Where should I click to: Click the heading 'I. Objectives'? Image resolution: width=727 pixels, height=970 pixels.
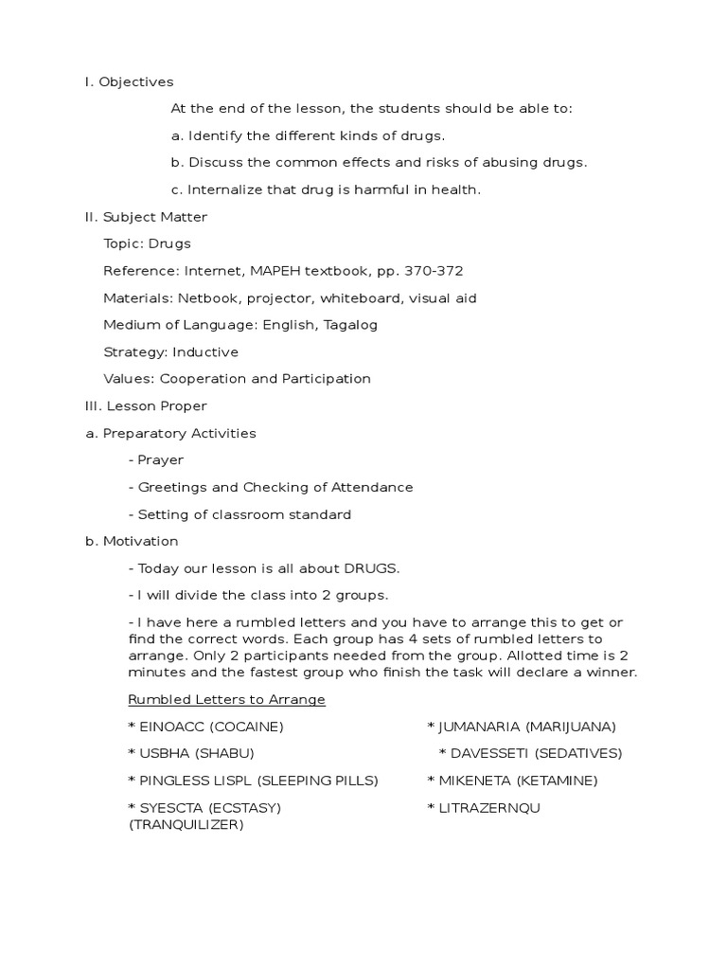[129, 82]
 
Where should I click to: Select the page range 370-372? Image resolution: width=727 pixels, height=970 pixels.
[434, 271]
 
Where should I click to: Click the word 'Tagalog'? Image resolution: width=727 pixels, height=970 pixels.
[350, 325]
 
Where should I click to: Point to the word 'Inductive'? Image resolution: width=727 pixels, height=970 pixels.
[203, 352]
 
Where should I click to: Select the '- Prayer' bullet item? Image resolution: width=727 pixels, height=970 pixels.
[156, 460]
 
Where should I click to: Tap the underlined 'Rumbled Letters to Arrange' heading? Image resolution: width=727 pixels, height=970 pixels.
[226, 700]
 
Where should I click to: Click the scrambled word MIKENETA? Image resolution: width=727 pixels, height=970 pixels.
[473, 781]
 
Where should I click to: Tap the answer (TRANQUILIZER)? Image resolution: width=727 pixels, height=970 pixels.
[186, 825]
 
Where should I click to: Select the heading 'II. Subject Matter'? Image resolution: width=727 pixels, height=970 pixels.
[146, 217]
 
